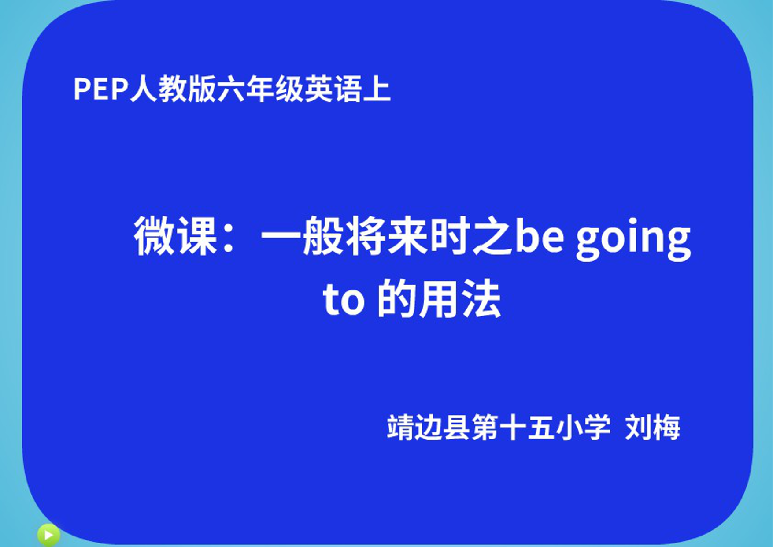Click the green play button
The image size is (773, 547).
pyautogui.click(x=48, y=535)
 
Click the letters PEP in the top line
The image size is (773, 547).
pyautogui.click(x=101, y=89)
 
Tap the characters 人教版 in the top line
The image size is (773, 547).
pyautogui.click(x=173, y=89)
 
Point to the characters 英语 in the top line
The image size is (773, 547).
pyautogui.click(x=333, y=89)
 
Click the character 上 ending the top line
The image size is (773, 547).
pyautogui.click(x=377, y=89)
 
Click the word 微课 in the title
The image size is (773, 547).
pyautogui.click(x=176, y=236)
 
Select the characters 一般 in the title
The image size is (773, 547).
pyautogui.click(x=303, y=236)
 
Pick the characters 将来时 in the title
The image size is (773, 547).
pyautogui.click(x=408, y=236)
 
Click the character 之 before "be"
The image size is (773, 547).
pyautogui.click(x=493, y=236)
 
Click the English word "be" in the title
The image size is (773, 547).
pyautogui.click(x=540, y=236)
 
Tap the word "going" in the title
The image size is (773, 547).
pyautogui.click(x=633, y=238)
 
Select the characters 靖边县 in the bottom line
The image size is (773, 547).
pyautogui.click(x=428, y=427)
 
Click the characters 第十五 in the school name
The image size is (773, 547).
pyautogui.click(x=513, y=427)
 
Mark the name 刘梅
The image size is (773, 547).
pyautogui.click(x=653, y=427)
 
